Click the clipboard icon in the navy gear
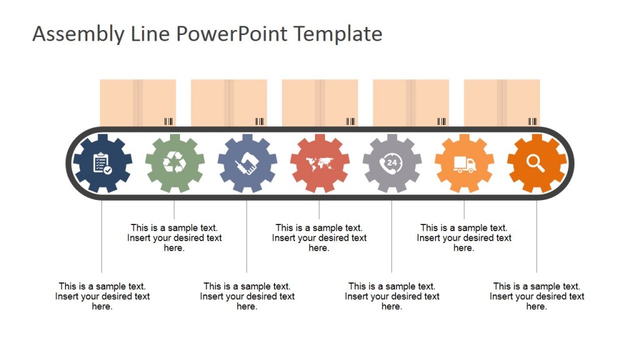102,164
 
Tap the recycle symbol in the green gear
174,164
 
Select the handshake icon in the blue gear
247,164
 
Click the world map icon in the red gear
319,164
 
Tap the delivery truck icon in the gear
464,164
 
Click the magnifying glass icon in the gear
536,163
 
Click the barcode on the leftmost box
169,121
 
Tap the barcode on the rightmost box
532,121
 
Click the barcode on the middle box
351,121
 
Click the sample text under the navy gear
102,296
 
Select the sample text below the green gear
174,237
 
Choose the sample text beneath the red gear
319,237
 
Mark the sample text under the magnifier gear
537,296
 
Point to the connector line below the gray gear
392,237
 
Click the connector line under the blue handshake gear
247,237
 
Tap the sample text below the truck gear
464,237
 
